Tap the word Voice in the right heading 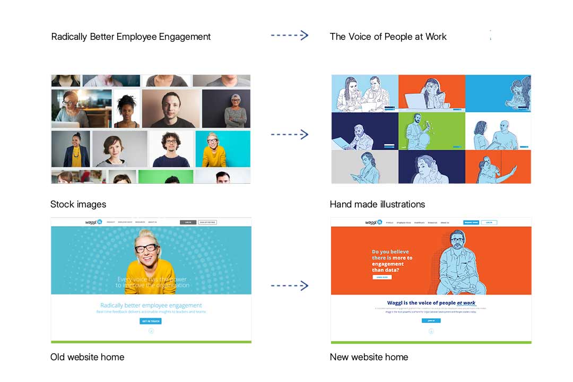360,37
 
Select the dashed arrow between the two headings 289,36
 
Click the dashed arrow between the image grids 289,134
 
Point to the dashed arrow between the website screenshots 289,286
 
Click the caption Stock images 78,204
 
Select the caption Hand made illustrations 377,204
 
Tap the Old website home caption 87,357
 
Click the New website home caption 369,357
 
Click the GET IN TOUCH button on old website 151,321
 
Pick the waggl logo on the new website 374,223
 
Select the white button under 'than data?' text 382,277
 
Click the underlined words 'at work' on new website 466,303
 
